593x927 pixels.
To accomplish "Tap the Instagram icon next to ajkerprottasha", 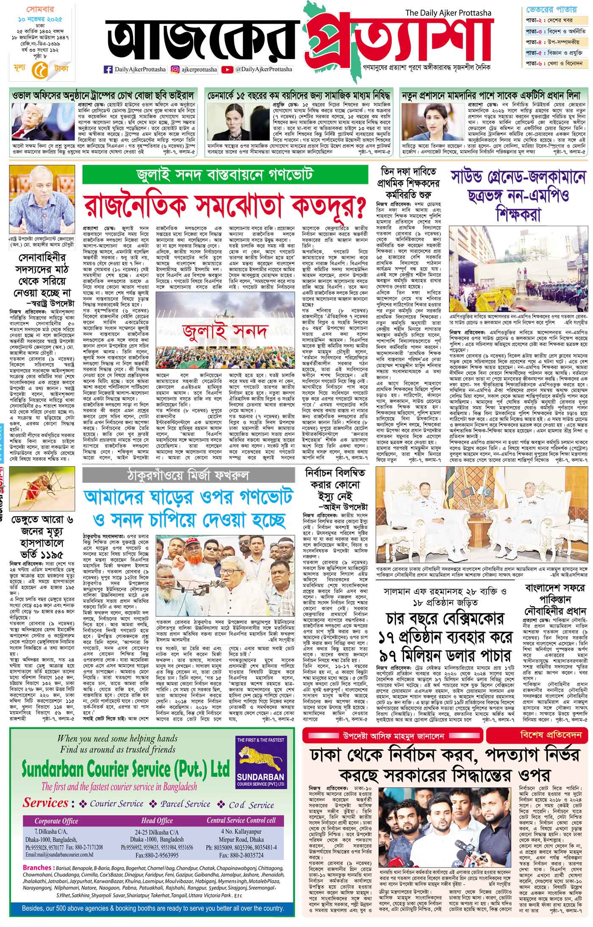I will [174, 69].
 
